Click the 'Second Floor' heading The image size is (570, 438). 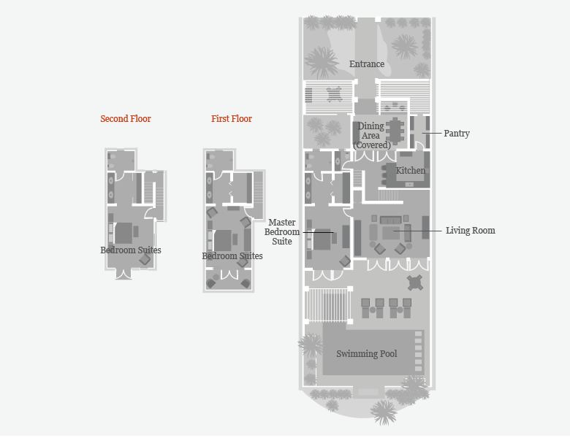pyautogui.click(x=126, y=119)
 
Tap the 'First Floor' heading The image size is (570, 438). pyautogui.click(x=232, y=119)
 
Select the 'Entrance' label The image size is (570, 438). pyautogui.click(x=367, y=64)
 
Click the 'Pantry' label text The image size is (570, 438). pyautogui.click(x=457, y=134)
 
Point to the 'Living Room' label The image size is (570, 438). pyautogui.click(x=471, y=231)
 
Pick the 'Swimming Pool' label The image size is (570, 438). pyautogui.click(x=366, y=354)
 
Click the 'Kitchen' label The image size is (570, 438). pyautogui.click(x=410, y=170)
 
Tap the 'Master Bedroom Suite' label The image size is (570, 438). pyautogui.click(x=282, y=231)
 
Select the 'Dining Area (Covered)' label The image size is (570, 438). pyautogui.click(x=371, y=136)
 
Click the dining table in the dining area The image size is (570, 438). pyautogui.click(x=395, y=130)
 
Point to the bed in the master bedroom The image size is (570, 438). pyautogui.click(x=322, y=239)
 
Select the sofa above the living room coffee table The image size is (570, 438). pyautogui.click(x=390, y=220)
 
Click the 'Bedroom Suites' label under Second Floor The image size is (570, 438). pyautogui.click(x=131, y=250)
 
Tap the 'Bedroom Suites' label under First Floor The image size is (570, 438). pyautogui.click(x=232, y=256)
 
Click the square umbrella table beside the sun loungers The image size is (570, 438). pyautogui.click(x=415, y=283)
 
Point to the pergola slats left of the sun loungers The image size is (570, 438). pyautogui.click(x=328, y=304)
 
